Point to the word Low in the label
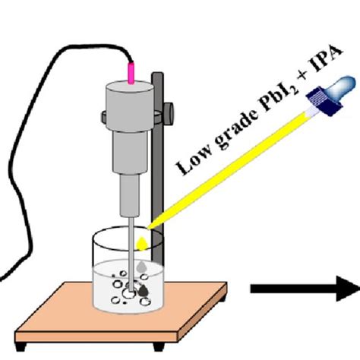(x=186, y=163)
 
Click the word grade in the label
(x=210, y=144)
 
